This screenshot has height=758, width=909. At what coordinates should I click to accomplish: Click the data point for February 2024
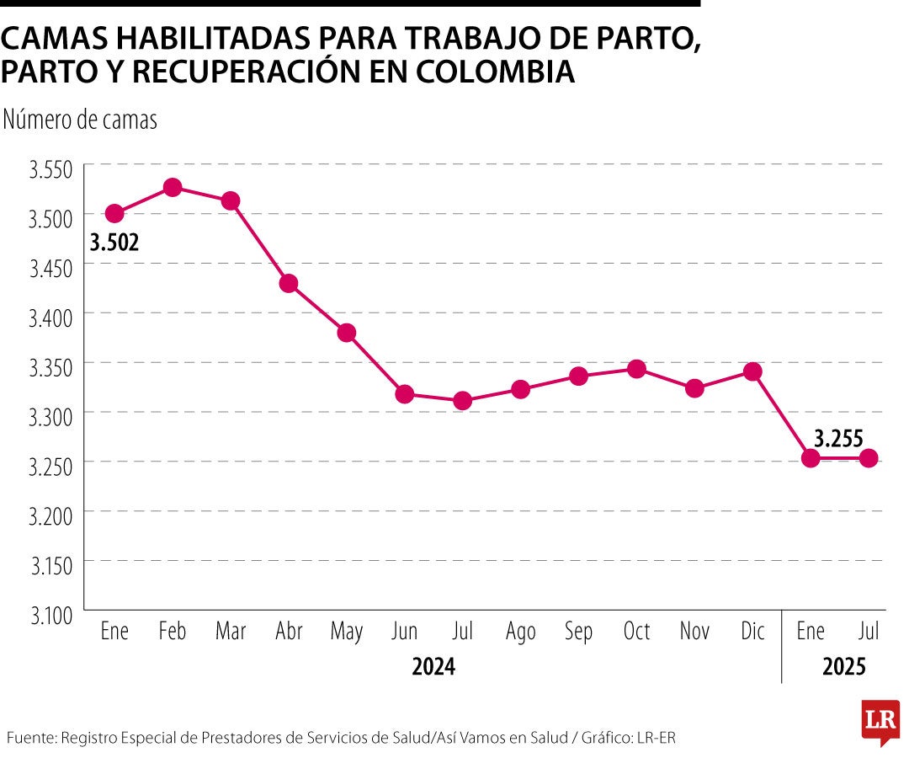173,187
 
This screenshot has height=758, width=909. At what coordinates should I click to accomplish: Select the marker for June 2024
404,394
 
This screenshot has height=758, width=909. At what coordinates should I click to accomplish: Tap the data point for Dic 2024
752,371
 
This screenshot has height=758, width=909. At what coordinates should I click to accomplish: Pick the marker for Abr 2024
289,283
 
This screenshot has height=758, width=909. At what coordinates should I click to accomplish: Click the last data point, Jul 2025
869,458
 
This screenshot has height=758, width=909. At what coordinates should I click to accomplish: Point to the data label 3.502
114,243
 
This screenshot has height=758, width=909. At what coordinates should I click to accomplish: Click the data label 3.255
839,437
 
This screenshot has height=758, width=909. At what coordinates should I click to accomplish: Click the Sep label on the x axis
578,632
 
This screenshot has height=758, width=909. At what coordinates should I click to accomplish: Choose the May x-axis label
347,633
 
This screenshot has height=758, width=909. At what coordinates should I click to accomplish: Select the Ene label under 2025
811,632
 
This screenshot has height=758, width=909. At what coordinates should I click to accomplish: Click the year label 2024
433,667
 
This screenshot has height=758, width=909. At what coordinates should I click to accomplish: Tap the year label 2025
844,667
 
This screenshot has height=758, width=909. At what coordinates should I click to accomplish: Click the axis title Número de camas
80,120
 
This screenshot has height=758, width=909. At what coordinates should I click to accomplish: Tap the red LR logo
880,721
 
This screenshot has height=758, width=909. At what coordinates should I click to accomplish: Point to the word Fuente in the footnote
29,738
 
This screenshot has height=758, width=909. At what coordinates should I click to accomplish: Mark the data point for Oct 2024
636,369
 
